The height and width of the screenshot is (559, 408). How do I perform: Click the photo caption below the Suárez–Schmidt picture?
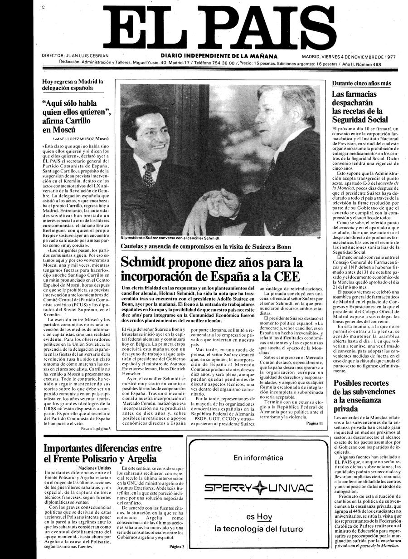(170, 238)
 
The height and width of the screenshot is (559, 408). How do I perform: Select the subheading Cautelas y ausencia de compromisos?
(206, 247)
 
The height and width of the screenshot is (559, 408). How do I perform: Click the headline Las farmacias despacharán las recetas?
(360, 107)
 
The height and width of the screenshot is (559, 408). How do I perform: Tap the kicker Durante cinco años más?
(361, 84)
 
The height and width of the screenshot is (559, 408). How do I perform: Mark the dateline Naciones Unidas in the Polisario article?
(94, 468)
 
